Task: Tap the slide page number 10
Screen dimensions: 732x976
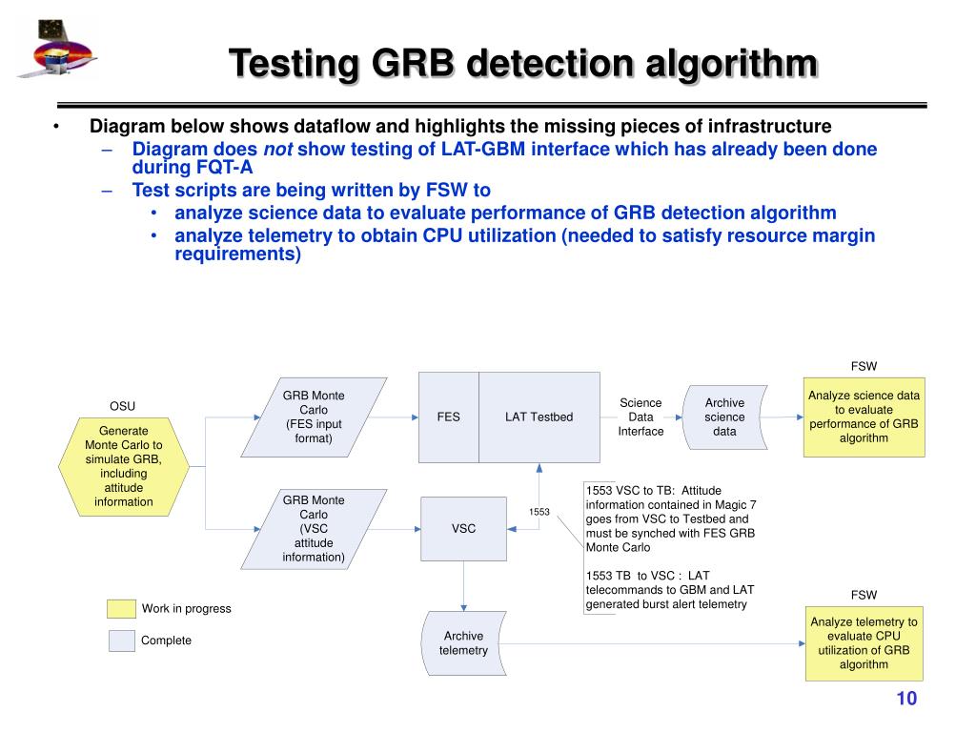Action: [x=905, y=700]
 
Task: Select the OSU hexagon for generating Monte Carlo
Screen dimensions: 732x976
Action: [x=124, y=466]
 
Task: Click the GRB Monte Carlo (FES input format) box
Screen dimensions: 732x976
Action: [x=314, y=417]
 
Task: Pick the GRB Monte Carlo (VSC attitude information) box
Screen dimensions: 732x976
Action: [x=314, y=528]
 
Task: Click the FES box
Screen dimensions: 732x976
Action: [x=449, y=417]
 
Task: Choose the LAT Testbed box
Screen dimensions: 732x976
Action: [x=539, y=417]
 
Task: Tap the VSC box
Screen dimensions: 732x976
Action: [x=464, y=528]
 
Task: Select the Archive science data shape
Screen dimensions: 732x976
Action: [x=725, y=417]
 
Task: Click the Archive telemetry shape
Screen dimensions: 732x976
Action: [x=464, y=643]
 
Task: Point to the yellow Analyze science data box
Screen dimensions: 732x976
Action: [x=864, y=417]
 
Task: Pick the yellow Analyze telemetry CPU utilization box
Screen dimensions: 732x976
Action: [x=864, y=642]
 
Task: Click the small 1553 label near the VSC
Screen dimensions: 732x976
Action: [x=539, y=512]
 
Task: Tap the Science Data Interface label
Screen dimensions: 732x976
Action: [x=640, y=417]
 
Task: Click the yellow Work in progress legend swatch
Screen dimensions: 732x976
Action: [x=121, y=609]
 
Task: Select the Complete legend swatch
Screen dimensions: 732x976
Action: [x=121, y=640]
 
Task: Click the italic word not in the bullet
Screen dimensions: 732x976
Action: [x=277, y=150]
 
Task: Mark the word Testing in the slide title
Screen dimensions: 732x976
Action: [x=294, y=66]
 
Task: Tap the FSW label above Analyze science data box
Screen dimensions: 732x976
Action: [x=864, y=367]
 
